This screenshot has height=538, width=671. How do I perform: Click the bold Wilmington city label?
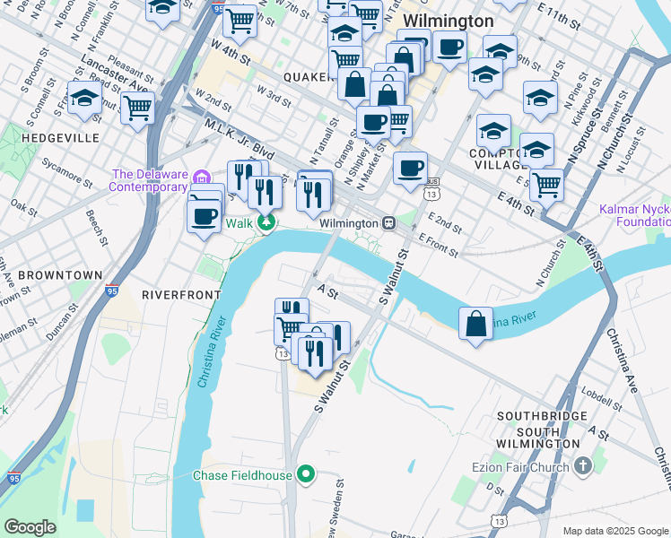point(448,21)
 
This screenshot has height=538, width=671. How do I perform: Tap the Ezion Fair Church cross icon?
point(583,466)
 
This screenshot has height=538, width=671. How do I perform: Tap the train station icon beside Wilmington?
point(388,222)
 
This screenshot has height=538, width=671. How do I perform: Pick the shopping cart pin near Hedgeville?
point(137,108)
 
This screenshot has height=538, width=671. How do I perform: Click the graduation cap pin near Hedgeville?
point(84,100)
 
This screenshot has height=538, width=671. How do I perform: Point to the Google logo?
point(30,526)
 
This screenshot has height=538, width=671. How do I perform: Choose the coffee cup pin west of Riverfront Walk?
point(205,215)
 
